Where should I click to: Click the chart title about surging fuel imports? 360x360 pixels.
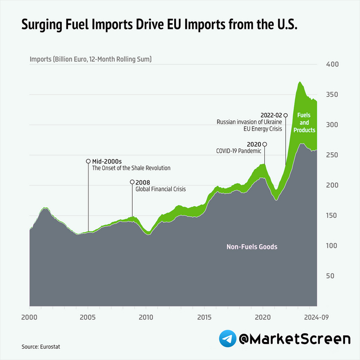tap(159, 24)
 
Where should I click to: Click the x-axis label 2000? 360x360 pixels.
tap(30, 316)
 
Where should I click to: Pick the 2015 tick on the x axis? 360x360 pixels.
tap(205, 316)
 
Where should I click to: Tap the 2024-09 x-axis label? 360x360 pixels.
tap(315, 316)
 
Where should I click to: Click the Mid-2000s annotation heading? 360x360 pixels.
tap(106, 161)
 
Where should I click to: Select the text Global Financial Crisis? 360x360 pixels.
tap(160, 189)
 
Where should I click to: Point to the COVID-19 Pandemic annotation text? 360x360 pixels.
tap(239, 151)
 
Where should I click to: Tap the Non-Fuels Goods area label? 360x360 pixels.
tap(252, 247)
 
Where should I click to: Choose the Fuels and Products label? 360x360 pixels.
tap(304, 123)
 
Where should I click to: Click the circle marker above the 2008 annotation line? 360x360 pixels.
tap(132, 182)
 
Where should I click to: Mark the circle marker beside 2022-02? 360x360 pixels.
tap(286, 115)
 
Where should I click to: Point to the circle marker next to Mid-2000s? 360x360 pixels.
tap(88, 161)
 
